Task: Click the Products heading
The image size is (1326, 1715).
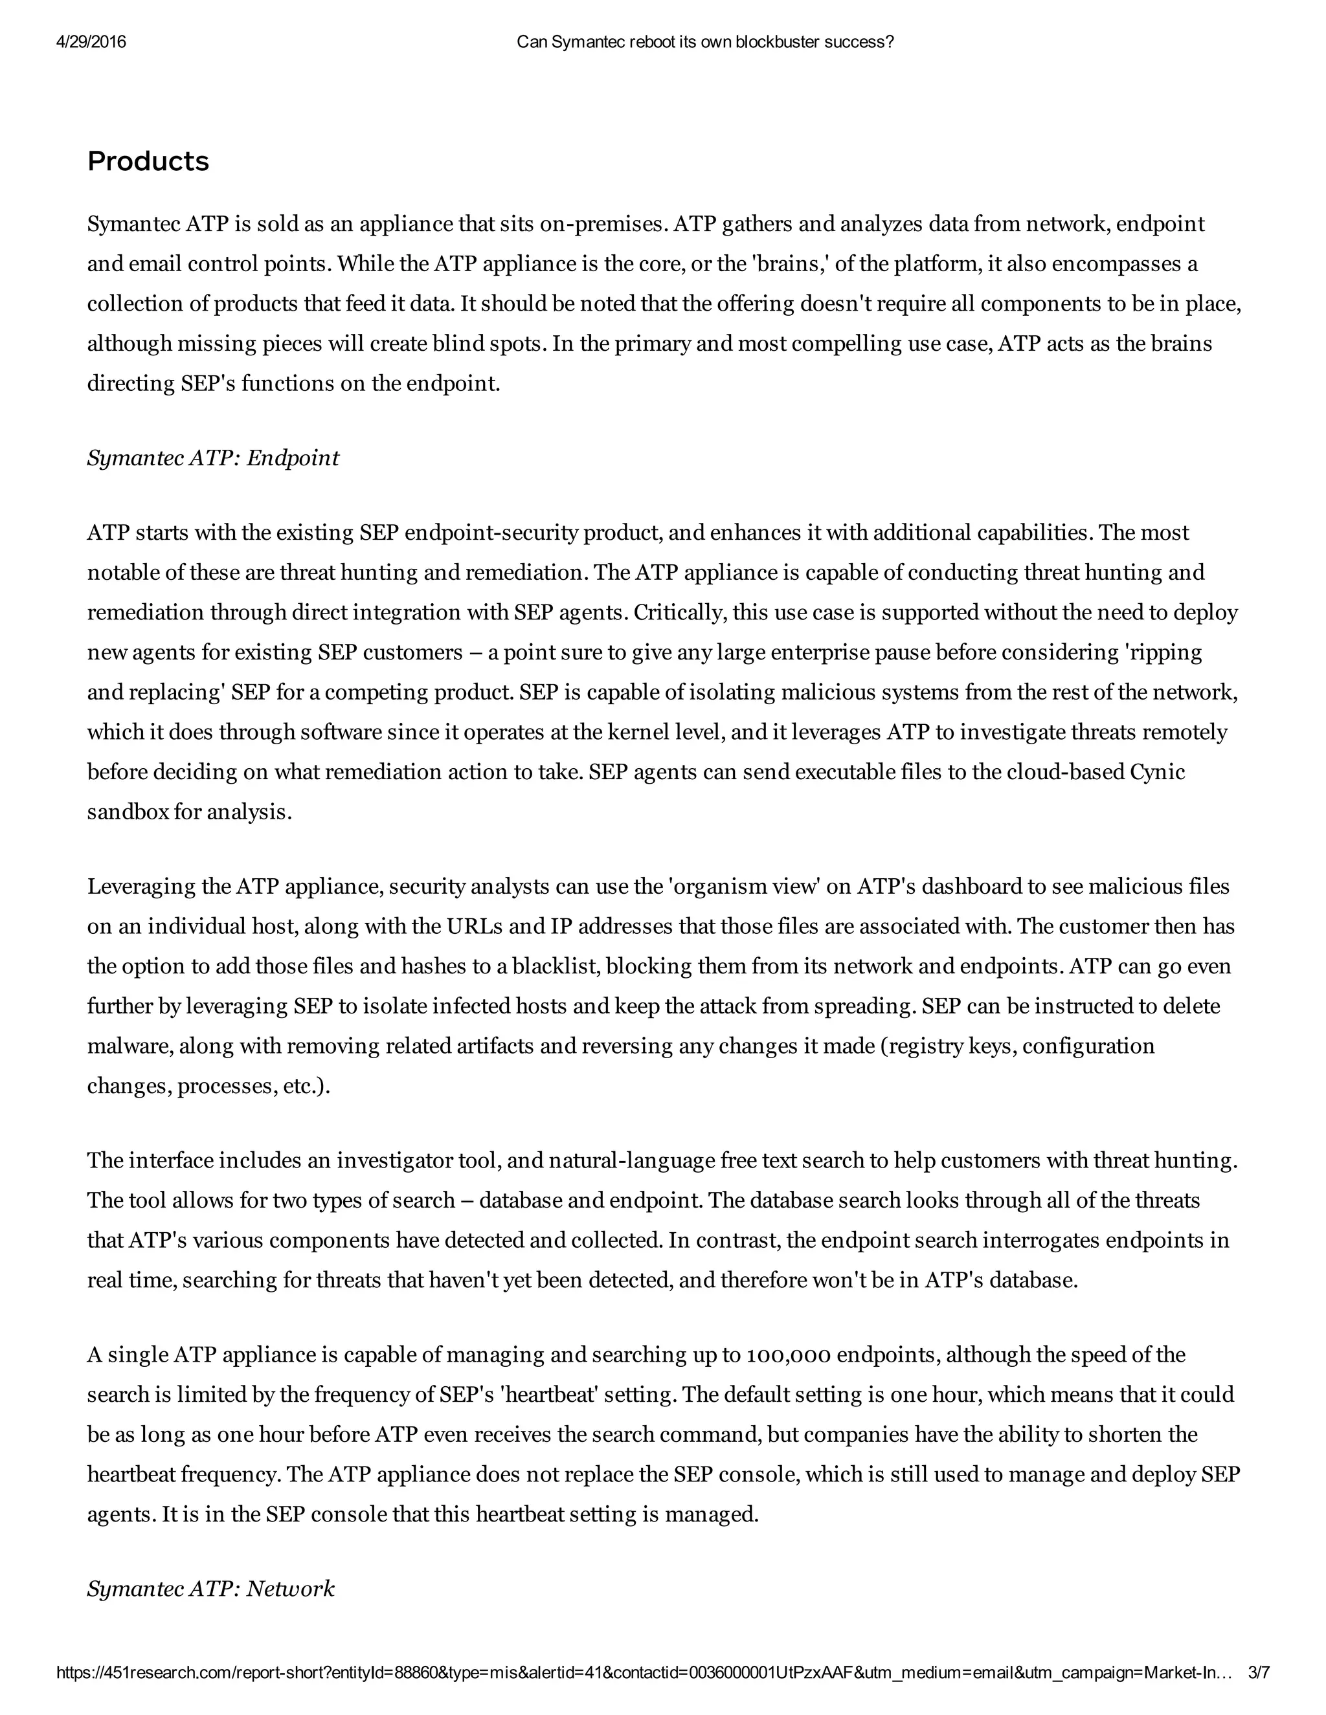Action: [148, 162]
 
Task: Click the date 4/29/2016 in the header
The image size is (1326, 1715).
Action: [91, 43]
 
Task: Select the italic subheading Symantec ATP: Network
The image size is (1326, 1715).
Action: [210, 1589]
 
